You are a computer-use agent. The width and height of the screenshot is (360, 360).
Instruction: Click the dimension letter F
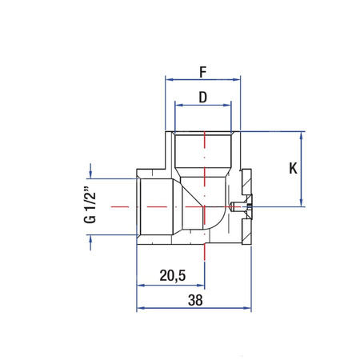tap(202, 70)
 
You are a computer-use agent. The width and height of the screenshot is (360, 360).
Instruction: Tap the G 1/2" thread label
tap(90, 206)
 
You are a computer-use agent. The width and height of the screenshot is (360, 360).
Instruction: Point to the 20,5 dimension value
tap(173, 275)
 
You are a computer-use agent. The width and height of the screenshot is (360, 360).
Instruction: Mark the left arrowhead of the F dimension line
tap(169, 79)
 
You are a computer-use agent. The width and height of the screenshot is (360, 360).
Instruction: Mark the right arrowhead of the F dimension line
tap(238, 79)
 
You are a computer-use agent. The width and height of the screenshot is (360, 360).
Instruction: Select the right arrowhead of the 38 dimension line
tap(250, 309)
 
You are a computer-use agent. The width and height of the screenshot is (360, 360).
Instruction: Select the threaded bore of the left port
tap(160, 206)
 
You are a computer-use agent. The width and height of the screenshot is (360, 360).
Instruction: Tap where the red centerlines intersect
tap(205, 206)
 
